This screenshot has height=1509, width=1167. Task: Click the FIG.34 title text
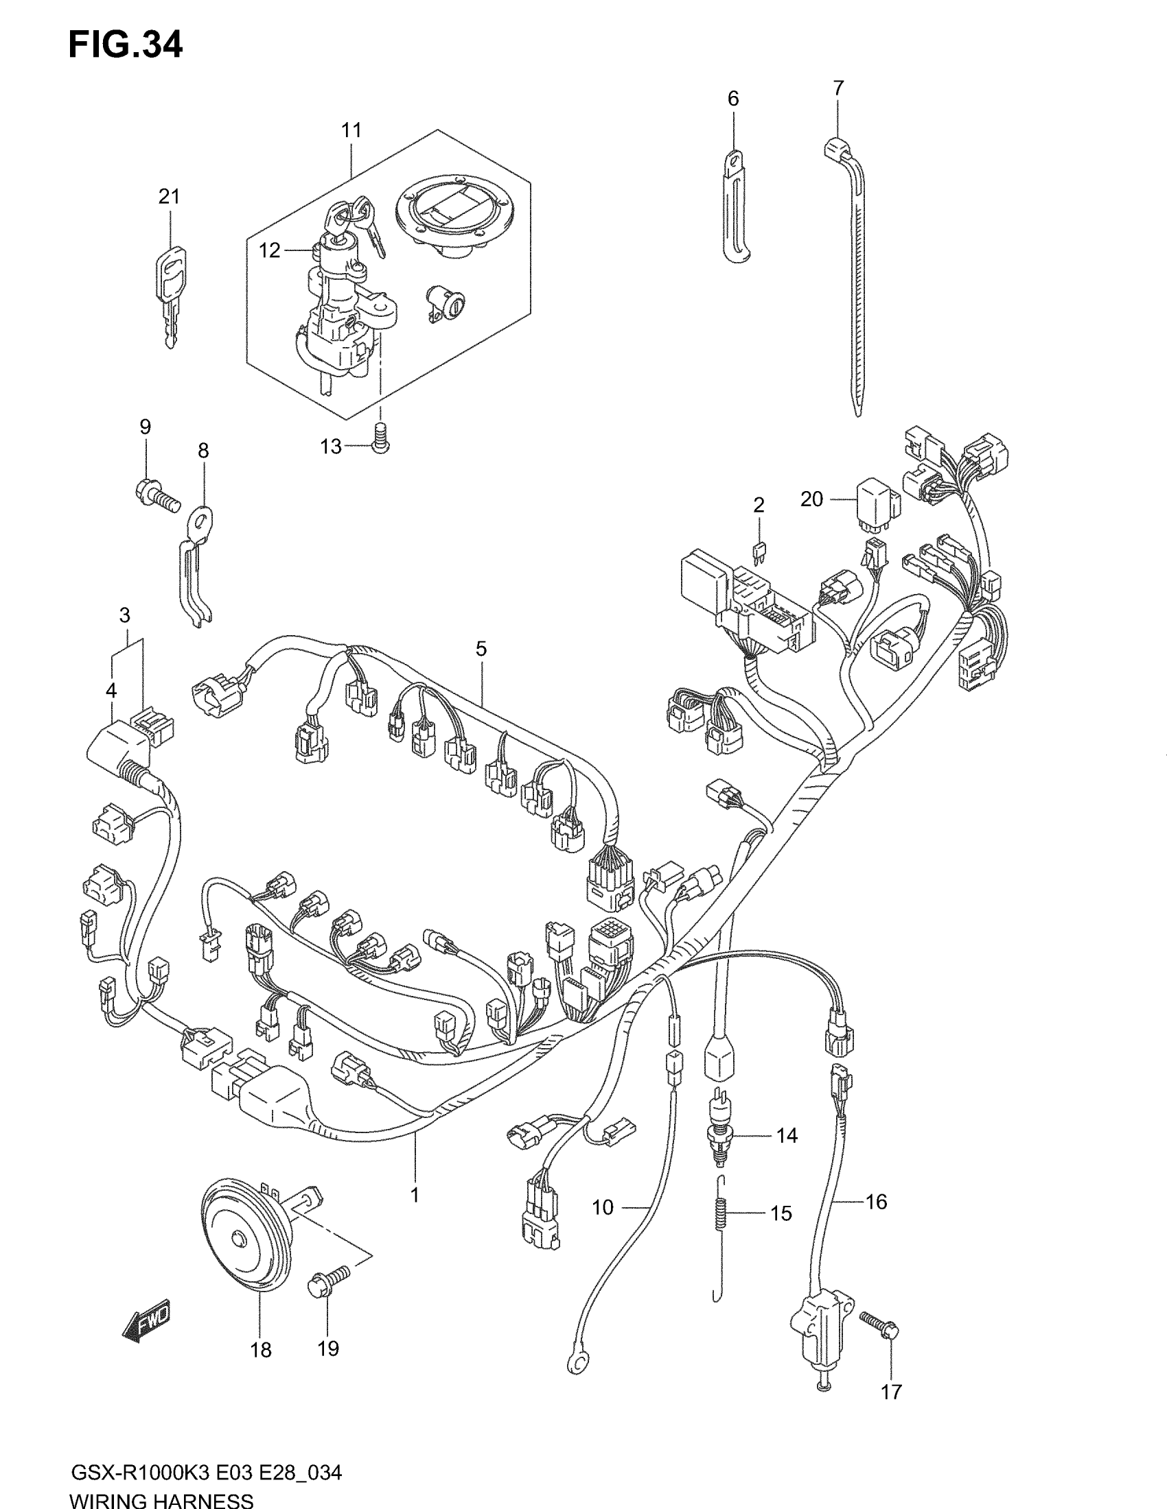click(x=125, y=45)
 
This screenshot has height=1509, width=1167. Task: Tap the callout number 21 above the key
click(x=169, y=197)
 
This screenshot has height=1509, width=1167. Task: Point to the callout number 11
click(x=351, y=130)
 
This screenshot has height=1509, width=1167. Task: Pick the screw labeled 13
click(x=380, y=439)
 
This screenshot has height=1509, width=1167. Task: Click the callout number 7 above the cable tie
click(x=838, y=88)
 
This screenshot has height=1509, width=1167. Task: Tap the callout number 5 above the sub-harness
click(x=481, y=648)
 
